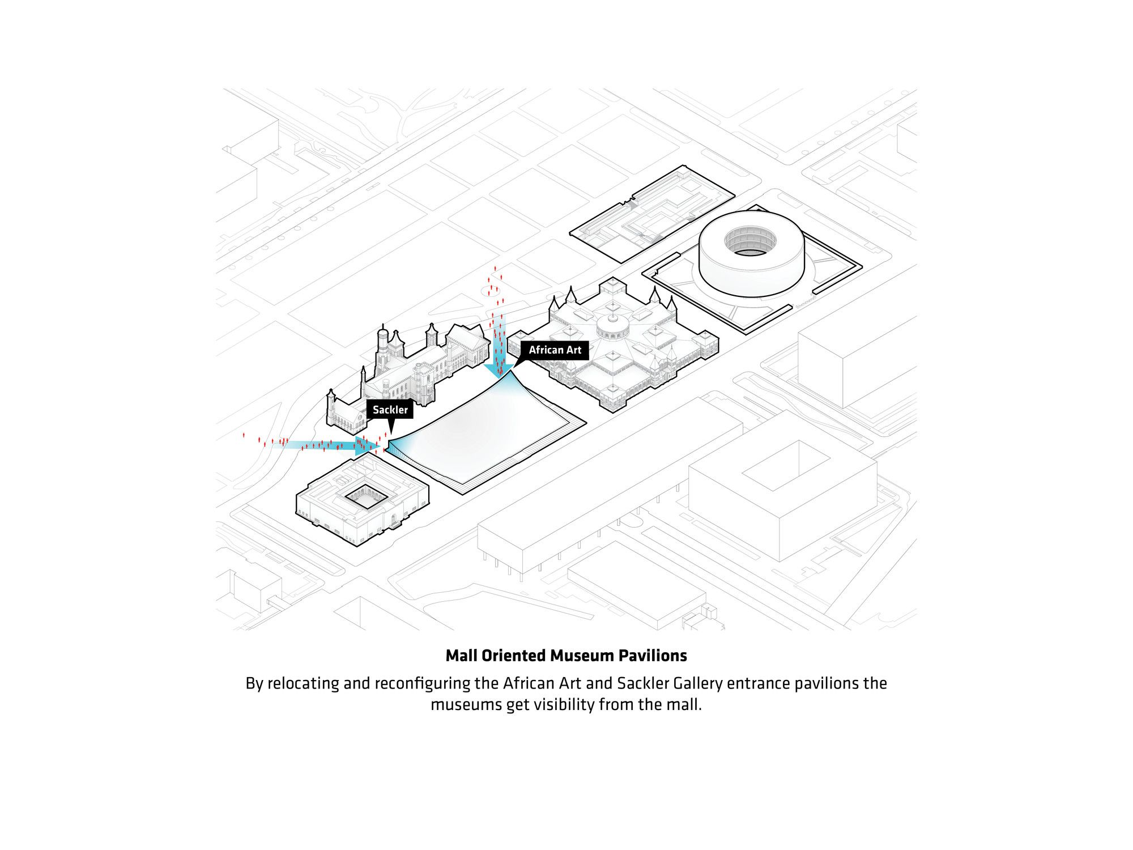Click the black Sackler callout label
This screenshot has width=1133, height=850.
tap(390, 410)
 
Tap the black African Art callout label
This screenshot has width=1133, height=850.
tap(555, 350)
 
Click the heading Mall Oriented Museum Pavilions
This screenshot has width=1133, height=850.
tap(566, 656)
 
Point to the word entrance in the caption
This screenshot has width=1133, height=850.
tap(758, 683)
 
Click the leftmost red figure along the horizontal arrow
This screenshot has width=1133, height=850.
tap(244, 435)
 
